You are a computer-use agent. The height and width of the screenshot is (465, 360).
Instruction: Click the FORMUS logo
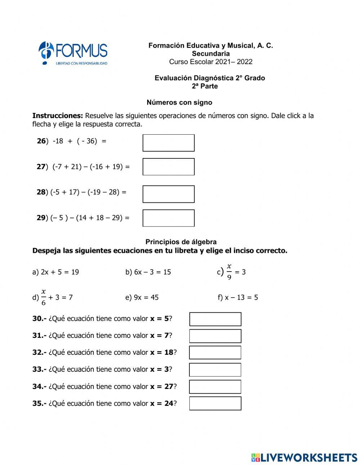(73, 53)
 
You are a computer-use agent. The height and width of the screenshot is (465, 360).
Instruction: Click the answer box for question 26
(168, 143)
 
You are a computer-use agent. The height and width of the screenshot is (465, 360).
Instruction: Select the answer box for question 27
(168, 167)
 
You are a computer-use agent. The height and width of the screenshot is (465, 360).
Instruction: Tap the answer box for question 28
(168, 194)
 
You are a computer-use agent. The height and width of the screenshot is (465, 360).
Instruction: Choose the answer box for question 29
(168, 218)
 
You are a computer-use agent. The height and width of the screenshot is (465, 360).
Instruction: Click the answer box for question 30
(215, 319)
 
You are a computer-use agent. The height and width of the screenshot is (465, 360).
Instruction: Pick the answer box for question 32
(215, 353)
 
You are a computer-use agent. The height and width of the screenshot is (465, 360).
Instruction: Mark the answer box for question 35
(215, 403)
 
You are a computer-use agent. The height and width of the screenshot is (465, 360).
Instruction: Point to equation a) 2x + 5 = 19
(55, 272)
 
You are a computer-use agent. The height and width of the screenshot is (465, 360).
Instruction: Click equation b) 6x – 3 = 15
(148, 272)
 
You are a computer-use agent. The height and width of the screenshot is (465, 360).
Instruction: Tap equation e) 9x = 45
(142, 298)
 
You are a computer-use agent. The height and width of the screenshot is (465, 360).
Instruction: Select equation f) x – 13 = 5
(238, 298)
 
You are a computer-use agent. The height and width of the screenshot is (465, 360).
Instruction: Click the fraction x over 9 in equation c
(229, 272)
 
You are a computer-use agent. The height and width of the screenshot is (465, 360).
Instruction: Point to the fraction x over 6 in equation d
(44, 297)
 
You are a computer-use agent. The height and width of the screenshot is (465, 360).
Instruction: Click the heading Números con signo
(179, 103)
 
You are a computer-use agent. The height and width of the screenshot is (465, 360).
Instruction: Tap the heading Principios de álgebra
(181, 242)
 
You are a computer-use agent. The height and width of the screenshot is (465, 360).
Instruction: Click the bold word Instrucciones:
(58, 116)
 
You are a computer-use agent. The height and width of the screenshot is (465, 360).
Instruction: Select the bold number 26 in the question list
(41, 141)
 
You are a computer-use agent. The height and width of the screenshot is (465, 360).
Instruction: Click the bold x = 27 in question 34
(162, 386)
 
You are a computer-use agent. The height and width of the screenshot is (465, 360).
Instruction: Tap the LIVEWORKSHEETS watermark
(304, 457)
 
